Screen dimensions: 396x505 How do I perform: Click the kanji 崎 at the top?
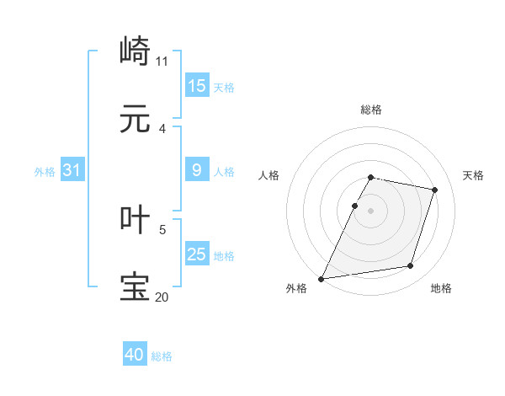point(136,52)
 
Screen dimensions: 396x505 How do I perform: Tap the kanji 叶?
point(136,220)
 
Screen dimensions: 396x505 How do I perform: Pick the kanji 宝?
point(136,286)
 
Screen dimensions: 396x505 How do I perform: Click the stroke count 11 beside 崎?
point(162,61)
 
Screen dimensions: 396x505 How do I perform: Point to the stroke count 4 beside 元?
point(162,128)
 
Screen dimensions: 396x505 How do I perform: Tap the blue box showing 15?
point(197,86)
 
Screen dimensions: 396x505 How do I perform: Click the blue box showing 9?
point(197,170)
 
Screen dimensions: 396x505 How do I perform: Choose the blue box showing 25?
point(197,254)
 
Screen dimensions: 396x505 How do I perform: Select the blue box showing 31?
point(72,170)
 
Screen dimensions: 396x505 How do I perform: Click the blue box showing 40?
point(135,356)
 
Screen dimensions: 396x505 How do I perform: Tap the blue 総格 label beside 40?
point(162,356)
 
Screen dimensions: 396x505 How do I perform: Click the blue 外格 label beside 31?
point(45,171)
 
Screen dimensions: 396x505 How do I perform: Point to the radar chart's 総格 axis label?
point(370,110)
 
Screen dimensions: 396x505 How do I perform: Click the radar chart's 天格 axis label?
point(473,175)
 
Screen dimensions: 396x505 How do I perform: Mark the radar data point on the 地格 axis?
point(411,266)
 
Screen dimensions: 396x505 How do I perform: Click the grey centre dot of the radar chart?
point(370,210)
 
